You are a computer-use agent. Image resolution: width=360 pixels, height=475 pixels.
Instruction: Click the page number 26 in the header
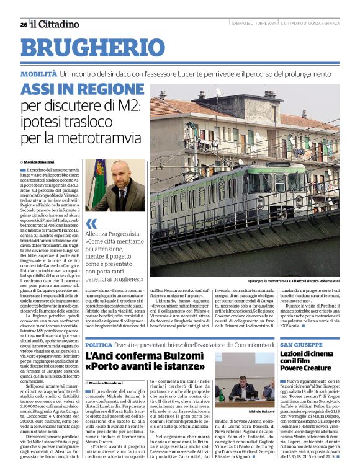coord(23,24)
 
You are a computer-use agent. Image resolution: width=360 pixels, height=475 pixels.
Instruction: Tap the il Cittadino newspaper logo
coord(56,24)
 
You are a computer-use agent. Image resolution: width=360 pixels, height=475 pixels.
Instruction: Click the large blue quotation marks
coord(91,223)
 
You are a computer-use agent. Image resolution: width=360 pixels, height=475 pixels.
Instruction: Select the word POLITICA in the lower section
coord(99,344)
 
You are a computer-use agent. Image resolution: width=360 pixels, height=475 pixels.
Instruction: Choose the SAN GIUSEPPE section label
coord(301,344)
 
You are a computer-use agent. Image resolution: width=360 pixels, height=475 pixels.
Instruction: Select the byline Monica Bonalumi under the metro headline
coord(40,161)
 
